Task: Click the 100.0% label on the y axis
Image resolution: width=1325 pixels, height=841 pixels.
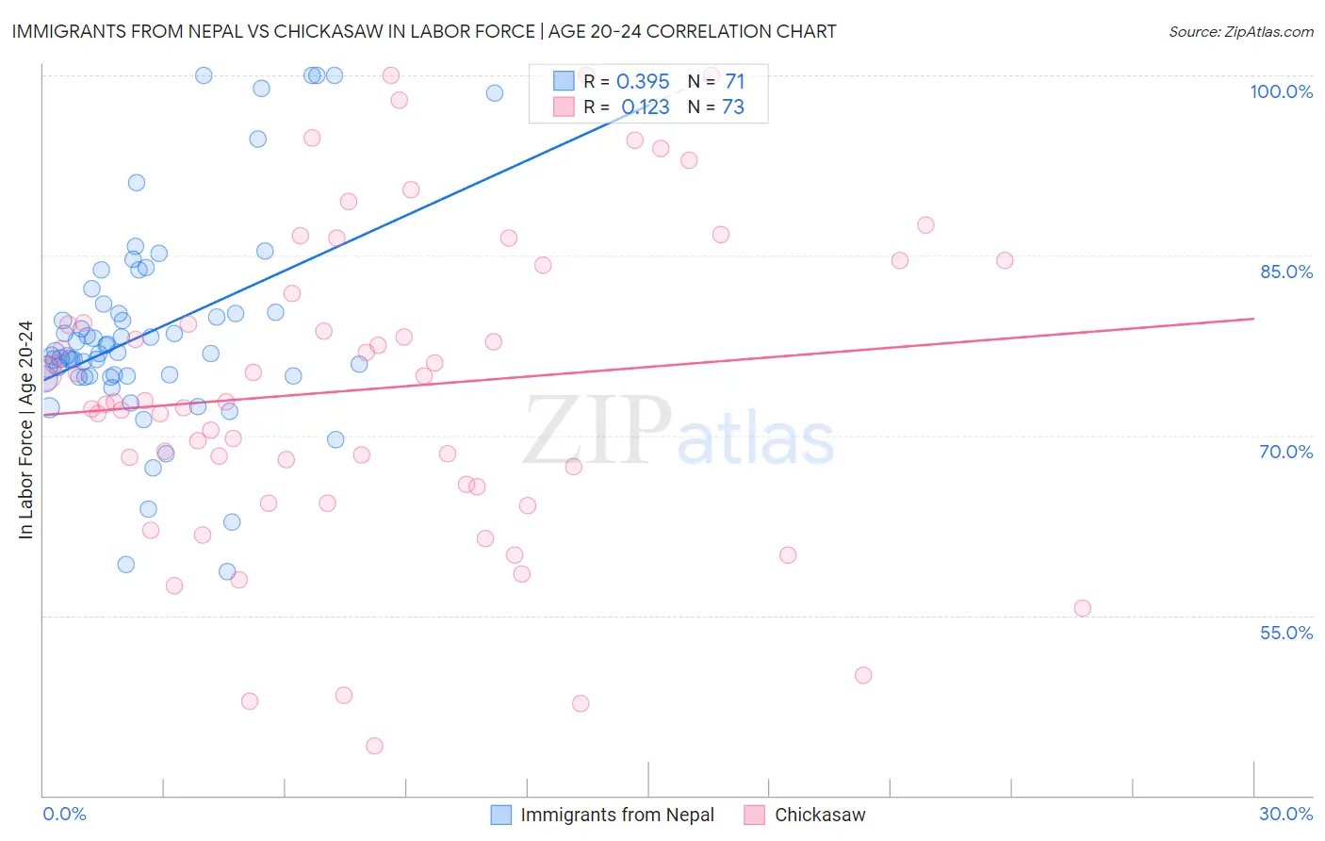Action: pyautogui.click(x=1281, y=91)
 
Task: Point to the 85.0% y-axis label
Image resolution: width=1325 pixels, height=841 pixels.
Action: pyautogui.click(x=1285, y=272)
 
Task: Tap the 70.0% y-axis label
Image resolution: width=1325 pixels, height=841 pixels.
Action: pyautogui.click(x=1285, y=452)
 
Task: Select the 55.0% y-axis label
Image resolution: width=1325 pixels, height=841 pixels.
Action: pyautogui.click(x=1285, y=633)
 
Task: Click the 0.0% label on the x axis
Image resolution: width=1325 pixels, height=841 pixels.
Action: pyautogui.click(x=64, y=814)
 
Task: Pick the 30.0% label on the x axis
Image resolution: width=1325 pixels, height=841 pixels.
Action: pyautogui.click(x=1285, y=814)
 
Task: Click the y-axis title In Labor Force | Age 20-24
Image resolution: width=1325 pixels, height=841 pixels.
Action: pyautogui.click(x=25, y=430)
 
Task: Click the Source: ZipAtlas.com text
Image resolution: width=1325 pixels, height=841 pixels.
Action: pyautogui.click(x=1240, y=31)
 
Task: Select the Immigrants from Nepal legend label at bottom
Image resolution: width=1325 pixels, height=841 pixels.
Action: pyautogui.click(x=617, y=815)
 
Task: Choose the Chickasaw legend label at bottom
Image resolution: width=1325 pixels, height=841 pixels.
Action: pyautogui.click(x=819, y=815)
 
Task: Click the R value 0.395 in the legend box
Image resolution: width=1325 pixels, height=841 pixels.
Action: pyautogui.click(x=643, y=81)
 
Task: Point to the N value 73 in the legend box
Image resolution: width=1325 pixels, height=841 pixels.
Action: pyautogui.click(x=733, y=107)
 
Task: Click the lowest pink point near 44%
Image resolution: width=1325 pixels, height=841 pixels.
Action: pyautogui.click(x=374, y=746)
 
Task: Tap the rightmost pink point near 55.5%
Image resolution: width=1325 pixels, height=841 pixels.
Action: pyautogui.click(x=1082, y=608)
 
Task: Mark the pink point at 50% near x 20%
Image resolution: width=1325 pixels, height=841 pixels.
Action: pyautogui.click(x=863, y=675)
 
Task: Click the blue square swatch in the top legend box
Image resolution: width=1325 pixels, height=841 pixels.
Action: pyautogui.click(x=564, y=81)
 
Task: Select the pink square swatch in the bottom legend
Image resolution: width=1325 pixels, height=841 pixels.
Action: pyautogui.click(x=754, y=815)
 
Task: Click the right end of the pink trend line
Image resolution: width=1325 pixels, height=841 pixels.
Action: pyautogui.click(x=1253, y=319)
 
